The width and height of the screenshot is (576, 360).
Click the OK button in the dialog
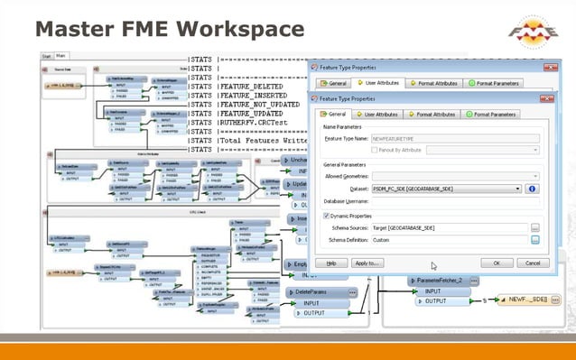[x=497, y=263]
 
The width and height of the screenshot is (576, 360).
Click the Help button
[x=331, y=263]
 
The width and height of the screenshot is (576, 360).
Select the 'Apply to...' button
[x=366, y=263]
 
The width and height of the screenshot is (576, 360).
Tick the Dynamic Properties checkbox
[x=326, y=217]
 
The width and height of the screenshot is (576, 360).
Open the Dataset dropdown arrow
[x=517, y=189]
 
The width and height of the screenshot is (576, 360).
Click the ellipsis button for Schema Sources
[x=534, y=228]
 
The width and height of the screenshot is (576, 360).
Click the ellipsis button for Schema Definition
[x=534, y=240]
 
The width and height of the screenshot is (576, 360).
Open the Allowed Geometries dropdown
[x=461, y=176]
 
